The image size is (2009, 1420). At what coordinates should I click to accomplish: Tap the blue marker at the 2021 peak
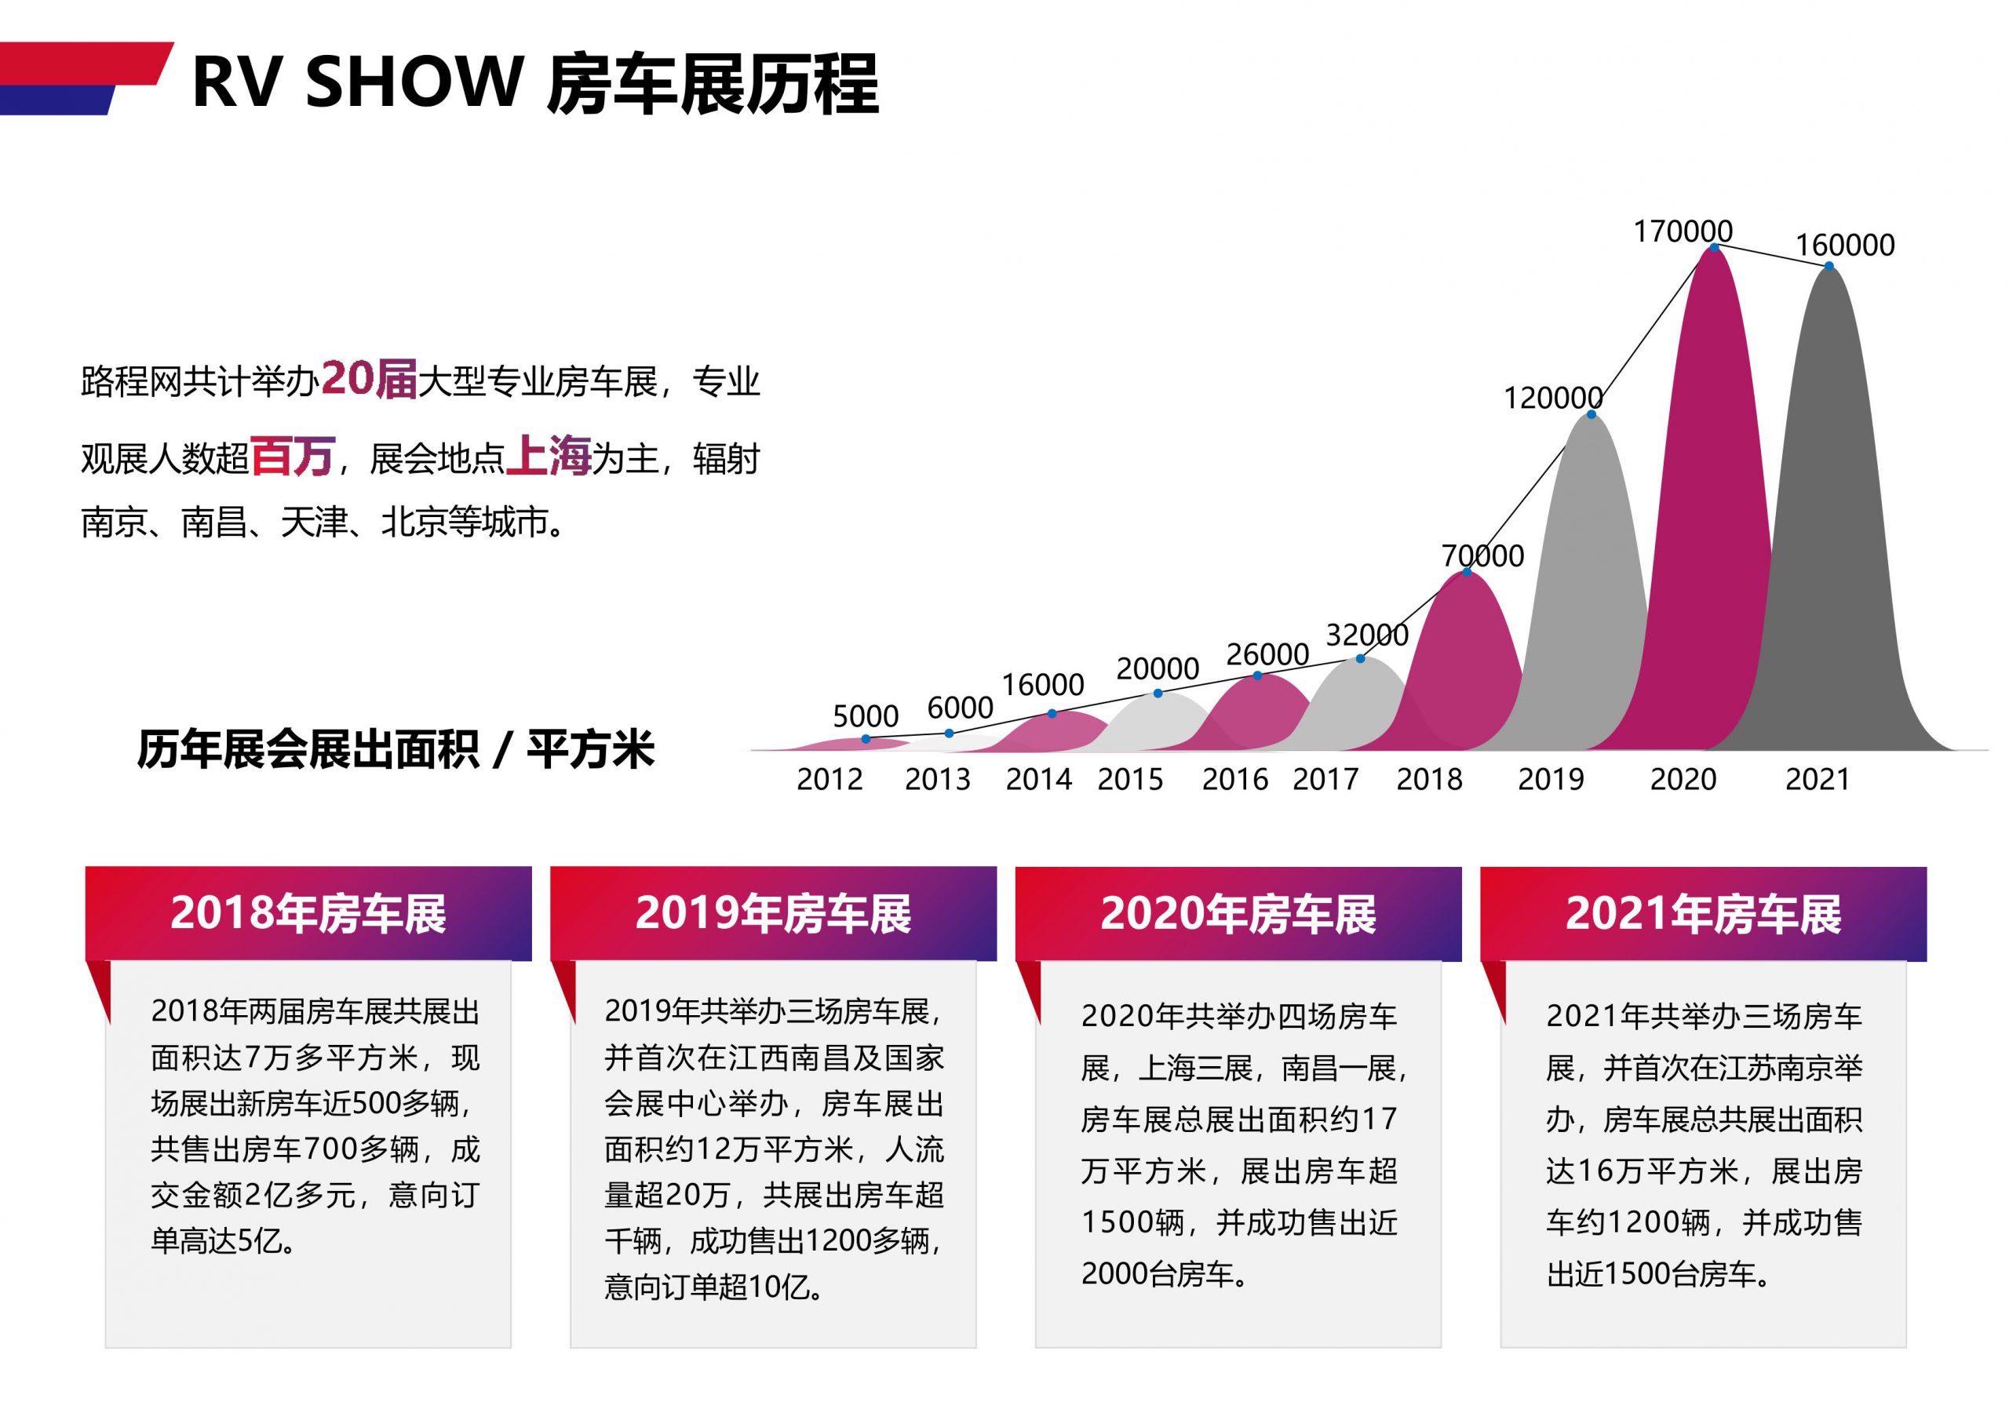[1829, 266]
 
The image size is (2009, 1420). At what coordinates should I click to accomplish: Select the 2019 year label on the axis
[1551, 779]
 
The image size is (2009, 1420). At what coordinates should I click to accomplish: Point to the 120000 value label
[1553, 398]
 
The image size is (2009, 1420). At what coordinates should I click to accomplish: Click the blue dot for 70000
[1467, 572]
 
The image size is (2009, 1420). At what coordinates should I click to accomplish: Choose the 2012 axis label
[829, 779]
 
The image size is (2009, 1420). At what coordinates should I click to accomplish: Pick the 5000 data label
[866, 716]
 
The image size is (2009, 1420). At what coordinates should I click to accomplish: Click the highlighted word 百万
[292, 456]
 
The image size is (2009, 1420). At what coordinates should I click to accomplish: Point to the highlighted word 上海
[549, 456]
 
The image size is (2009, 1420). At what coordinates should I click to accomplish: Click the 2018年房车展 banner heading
[308, 913]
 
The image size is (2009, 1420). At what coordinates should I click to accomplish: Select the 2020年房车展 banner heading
[1238, 913]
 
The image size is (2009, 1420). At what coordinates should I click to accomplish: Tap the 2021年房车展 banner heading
[1703, 913]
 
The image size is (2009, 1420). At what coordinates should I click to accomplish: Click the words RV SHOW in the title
[357, 82]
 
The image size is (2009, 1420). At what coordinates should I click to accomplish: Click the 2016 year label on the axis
[1234, 779]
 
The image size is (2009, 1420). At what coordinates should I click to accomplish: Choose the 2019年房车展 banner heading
[773, 913]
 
